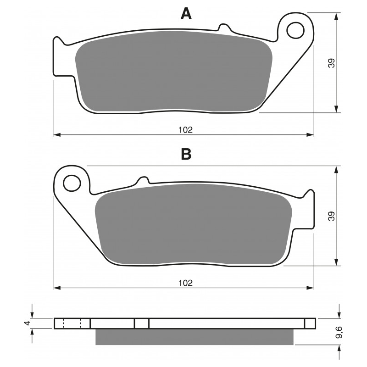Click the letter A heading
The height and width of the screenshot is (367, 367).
pyautogui.click(x=186, y=13)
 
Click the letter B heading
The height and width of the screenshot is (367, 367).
pyautogui.click(x=186, y=154)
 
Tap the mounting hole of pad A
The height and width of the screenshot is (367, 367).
pyautogui.click(x=295, y=30)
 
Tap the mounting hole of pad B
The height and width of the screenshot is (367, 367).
pyautogui.click(x=72, y=183)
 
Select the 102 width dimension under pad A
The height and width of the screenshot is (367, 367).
pyautogui.click(x=186, y=130)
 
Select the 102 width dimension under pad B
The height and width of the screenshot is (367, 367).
pyautogui.click(x=186, y=283)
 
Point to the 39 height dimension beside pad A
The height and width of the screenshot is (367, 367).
pyautogui.click(x=332, y=63)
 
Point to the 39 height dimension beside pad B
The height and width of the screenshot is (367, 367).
pyautogui.click(x=332, y=216)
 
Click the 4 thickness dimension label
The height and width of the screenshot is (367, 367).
pyautogui.click(x=28, y=323)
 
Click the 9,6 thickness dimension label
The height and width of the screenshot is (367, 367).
pyautogui.click(x=339, y=332)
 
